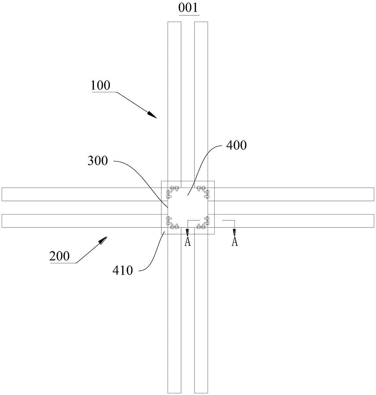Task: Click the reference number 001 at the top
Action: (x=189, y=8)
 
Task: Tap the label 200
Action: (x=60, y=256)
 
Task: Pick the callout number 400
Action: (x=237, y=146)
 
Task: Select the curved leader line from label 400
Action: (x=205, y=162)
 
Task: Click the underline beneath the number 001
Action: (x=189, y=15)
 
